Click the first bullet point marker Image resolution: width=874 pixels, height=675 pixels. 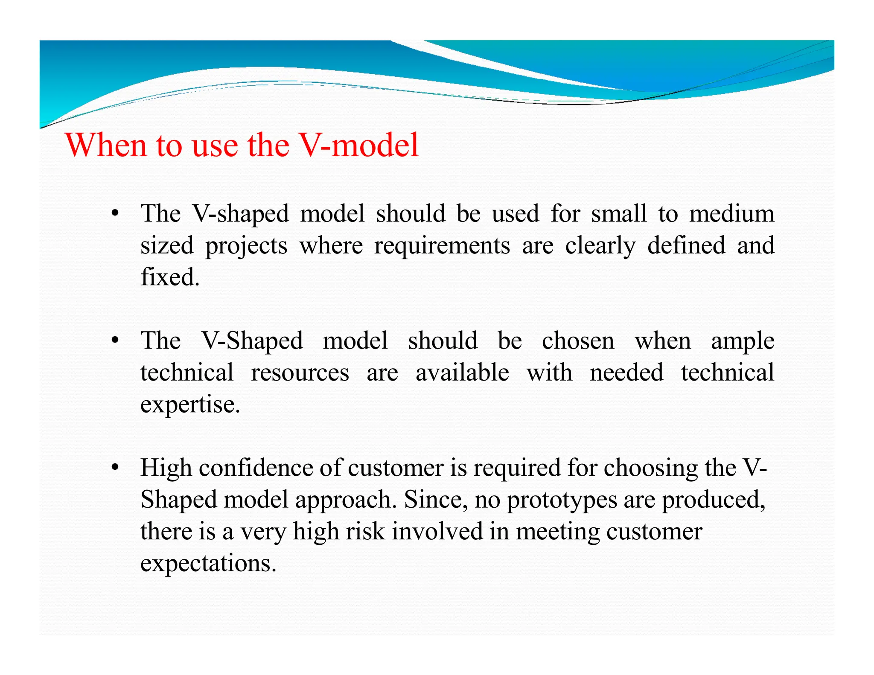(114, 213)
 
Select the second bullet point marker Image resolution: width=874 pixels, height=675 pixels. (114, 340)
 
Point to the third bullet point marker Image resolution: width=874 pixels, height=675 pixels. (114, 468)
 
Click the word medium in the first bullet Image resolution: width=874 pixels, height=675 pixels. (731, 213)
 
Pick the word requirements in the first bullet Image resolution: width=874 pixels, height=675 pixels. (442, 246)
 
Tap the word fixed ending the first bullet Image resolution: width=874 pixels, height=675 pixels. (169, 277)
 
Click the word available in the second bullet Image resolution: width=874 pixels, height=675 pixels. (462, 372)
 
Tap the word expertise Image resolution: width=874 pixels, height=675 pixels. (189, 404)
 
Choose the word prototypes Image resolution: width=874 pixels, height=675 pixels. (562, 500)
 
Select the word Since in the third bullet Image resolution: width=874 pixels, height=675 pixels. (431, 500)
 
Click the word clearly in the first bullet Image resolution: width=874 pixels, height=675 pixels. (600, 246)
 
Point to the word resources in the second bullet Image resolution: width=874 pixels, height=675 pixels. (300, 372)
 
